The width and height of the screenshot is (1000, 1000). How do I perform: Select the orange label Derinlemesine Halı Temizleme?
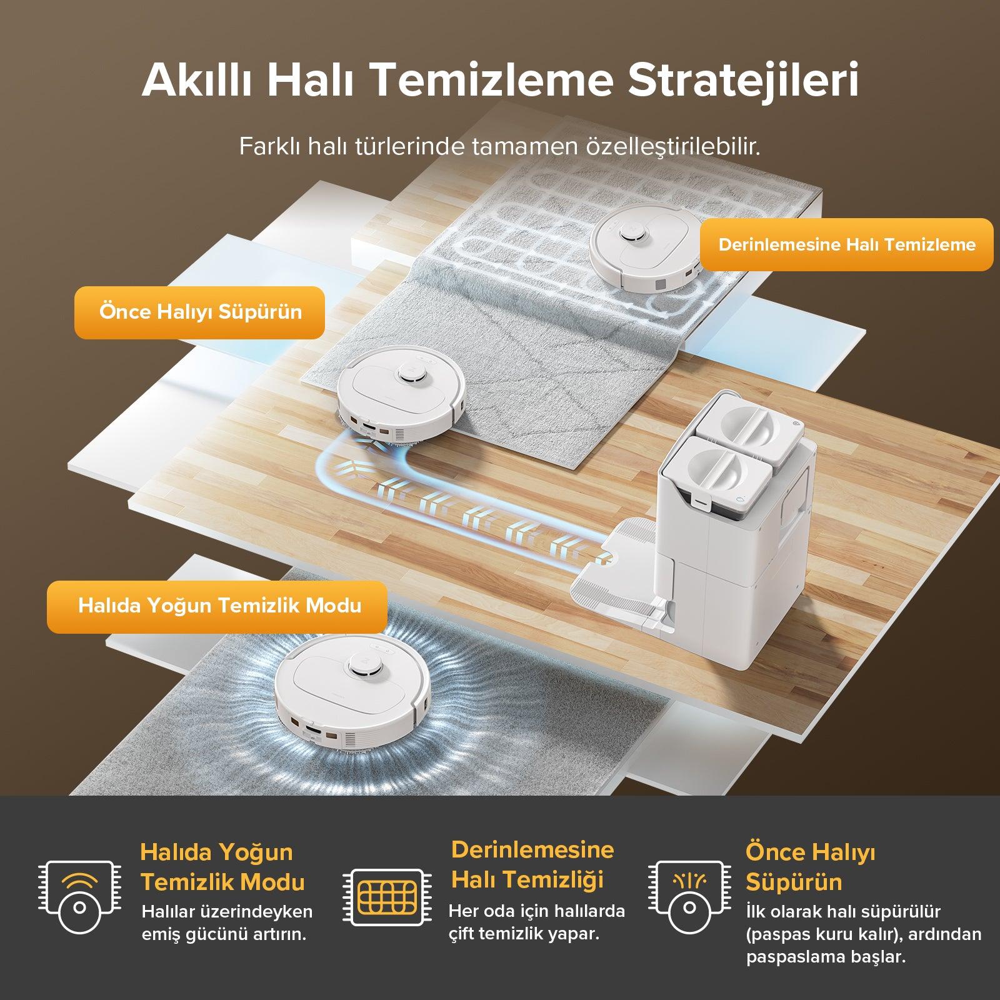[847, 244]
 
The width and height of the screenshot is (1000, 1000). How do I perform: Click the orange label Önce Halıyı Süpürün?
[200, 312]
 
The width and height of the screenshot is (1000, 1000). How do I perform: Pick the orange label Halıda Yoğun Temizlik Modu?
[217, 606]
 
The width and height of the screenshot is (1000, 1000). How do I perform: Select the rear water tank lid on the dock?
[747, 423]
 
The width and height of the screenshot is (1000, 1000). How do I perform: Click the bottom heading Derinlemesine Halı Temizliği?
[532, 865]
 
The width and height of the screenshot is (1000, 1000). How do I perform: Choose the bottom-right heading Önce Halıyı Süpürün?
[811, 867]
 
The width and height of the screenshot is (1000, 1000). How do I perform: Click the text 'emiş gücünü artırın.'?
[224, 935]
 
